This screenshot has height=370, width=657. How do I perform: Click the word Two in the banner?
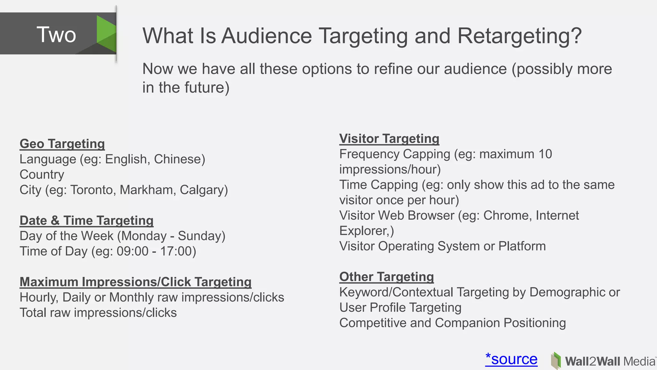click(x=56, y=35)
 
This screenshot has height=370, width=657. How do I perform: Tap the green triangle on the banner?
click(x=106, y=34)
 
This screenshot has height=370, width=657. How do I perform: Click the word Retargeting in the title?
click(x=519, y=36)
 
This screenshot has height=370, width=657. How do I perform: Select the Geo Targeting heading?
click(x=62, y=144)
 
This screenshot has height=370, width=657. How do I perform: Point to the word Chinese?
click(x=179, y=159)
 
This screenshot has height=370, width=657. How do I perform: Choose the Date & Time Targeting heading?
click(x=87, y=220)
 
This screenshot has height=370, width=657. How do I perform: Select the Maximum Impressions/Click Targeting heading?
click(x=135, y=282)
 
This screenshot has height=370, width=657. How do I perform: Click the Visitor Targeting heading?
click(x=389, y=138)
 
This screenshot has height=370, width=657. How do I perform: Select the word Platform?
click(x=522, y=246)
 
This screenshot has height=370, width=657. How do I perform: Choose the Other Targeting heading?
click(x=387, y=277)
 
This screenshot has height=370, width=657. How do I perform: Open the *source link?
click(x=511, y=359)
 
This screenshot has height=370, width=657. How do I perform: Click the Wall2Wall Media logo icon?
click(x=556, y=361)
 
